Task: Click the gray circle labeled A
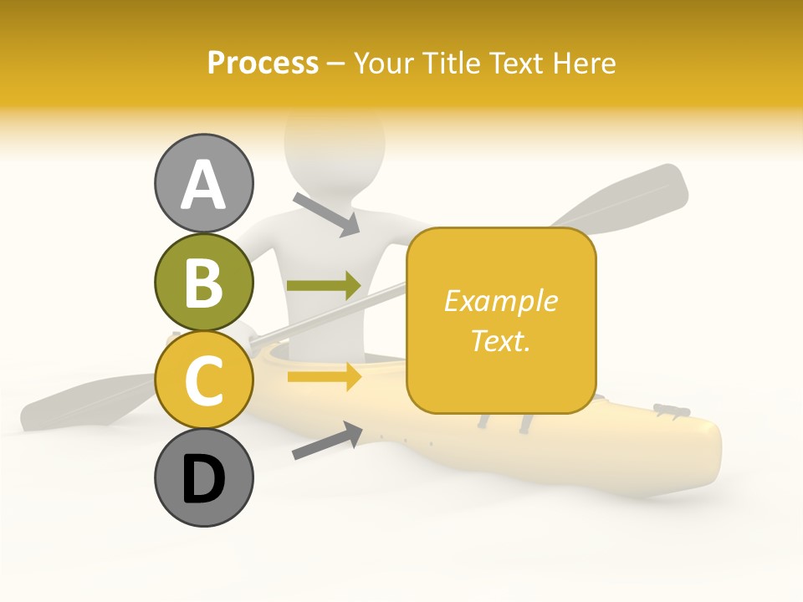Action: click(x=204, y=184)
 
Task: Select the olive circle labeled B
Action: click(x=204, y=282)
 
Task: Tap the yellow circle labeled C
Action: click(x=204, y=380)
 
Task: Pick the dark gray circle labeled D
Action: click(x=204, y=477)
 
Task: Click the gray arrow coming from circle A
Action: click(x=326, y=213)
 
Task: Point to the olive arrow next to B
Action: click(x=324, y=285)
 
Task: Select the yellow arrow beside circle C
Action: click(x=324, y=377)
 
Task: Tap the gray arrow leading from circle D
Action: click(x=327, y=441)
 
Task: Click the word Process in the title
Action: click(x=263, y=63)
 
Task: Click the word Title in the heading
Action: click(x=450, y=63)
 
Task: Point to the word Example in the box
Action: click(x=501, y=300)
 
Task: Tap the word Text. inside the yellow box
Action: click(x=501, y=340)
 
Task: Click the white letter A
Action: click(x=204, y=185)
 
